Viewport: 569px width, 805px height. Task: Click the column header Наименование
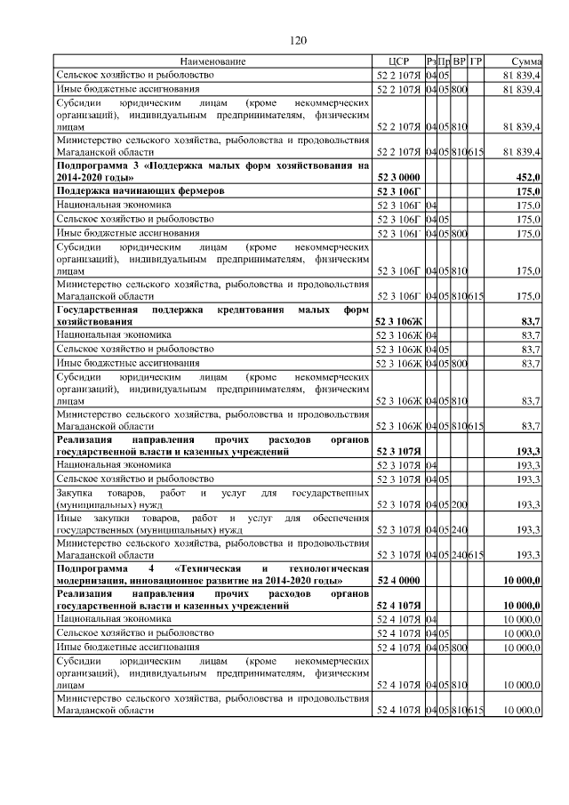212,61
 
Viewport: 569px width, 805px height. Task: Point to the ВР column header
459,61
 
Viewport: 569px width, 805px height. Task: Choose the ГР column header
476,61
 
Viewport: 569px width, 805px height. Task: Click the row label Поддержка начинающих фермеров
140,191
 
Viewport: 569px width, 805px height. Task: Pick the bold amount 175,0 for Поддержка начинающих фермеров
530,191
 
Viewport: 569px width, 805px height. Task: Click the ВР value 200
459,505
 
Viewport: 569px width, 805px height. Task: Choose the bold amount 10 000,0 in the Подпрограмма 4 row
524,581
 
